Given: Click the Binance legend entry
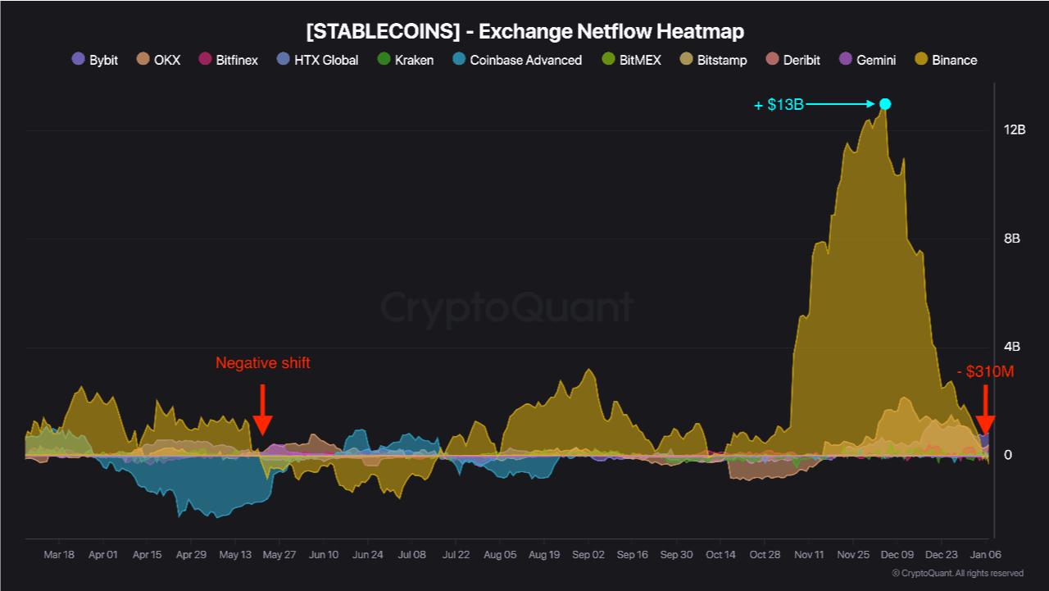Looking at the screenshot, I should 946,60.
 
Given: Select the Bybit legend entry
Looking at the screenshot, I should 95,60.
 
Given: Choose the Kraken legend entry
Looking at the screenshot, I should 405,60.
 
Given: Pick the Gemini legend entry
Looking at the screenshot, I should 868,60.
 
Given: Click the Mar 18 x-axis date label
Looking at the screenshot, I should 59,555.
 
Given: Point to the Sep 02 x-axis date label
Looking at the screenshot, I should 588,555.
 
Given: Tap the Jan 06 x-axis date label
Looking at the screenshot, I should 986,555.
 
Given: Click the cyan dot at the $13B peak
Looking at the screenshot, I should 885,104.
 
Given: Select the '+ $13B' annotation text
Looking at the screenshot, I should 779,105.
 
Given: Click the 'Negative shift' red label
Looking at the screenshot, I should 263,363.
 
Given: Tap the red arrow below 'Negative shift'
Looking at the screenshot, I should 262,410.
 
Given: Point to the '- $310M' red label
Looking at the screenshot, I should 985,371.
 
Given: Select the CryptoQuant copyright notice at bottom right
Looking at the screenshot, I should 957,574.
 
